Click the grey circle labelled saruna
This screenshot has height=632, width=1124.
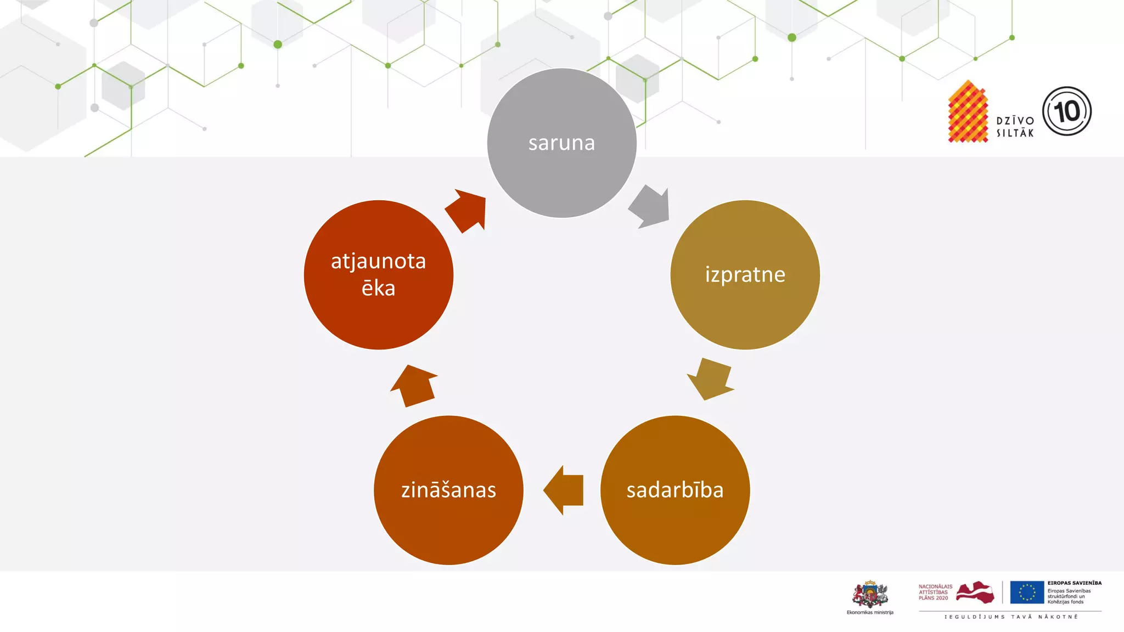tap(561, 143)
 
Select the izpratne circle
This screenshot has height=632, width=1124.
tap(745, 274)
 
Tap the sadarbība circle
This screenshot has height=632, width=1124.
tap(675, 490)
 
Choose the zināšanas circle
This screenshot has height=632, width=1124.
tap(448, 490)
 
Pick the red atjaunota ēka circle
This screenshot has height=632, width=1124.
tap(378, 274)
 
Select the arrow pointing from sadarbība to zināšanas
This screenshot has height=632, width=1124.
tap(564, 490)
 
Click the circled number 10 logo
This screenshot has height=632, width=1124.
tap(1066, 111)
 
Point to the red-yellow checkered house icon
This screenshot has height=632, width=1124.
tap(968, 112)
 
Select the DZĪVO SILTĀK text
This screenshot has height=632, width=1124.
tap(1015, 127)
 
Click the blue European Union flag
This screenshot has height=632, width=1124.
tap(1027, 592)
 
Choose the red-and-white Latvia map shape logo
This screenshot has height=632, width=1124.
tap(975, 592)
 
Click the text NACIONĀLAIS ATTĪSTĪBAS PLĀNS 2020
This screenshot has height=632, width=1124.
tap(935, 592)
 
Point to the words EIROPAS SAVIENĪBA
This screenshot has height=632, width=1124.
tap(1074, 583)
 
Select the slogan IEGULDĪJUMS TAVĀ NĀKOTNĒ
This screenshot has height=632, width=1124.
tap(1011, 617)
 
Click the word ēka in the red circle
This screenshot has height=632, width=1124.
tap(378, 289)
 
